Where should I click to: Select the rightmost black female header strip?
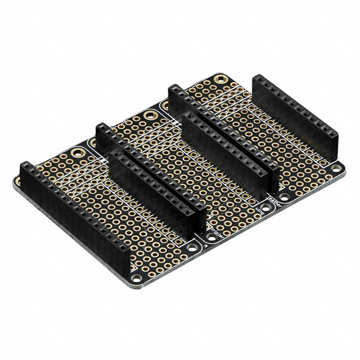point(295,118)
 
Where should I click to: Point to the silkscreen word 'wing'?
point(260,209)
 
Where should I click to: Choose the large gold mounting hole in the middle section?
point(150,116)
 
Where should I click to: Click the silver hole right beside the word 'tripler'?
point(209,238)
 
